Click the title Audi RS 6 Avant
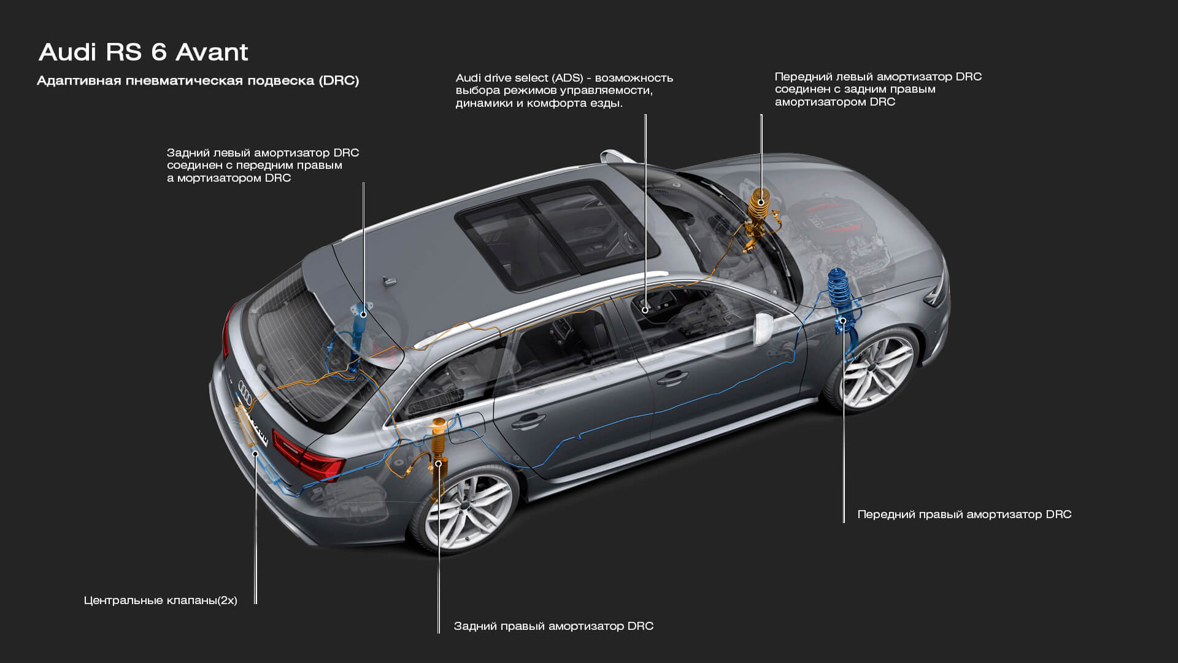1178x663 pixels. tap(144, 52)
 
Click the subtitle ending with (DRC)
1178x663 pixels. tap(198, 81)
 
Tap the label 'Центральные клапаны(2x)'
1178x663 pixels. tap(160, 600)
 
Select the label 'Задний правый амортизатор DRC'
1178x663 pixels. tap(553, 626)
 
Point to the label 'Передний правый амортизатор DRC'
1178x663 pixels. tap(964, 514)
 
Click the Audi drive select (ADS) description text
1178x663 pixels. tap(564, 90)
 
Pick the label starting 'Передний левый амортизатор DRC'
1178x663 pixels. tap(878, 89)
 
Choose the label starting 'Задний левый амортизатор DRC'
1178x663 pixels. tap(263, 165)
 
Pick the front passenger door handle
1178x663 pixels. tap(672, 379)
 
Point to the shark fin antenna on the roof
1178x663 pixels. tap(389, 281)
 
